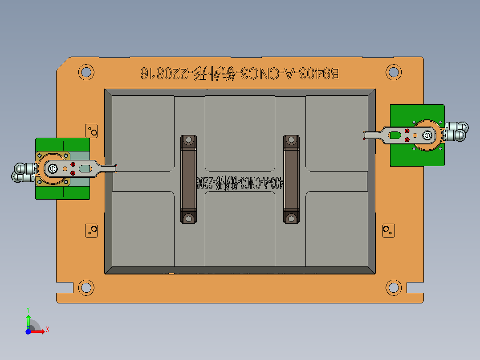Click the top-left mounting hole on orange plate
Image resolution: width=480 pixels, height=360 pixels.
click(86, 72)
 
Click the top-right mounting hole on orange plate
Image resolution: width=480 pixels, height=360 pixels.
click(393, 72)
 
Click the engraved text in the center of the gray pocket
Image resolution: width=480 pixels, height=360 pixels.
click(240, 182)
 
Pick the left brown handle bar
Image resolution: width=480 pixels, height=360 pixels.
click(188, 179)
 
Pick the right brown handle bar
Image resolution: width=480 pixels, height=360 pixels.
click(291, 179)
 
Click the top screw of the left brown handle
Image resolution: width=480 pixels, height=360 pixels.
click(188, 140)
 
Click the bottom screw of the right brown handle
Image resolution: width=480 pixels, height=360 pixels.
click(291, 218)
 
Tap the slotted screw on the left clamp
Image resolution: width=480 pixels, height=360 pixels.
click(53, 168)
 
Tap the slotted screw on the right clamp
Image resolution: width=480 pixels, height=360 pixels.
click(427, 135)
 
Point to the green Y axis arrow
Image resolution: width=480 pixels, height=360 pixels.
click(28, 318)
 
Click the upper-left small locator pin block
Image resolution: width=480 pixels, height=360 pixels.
click(92, 131)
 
